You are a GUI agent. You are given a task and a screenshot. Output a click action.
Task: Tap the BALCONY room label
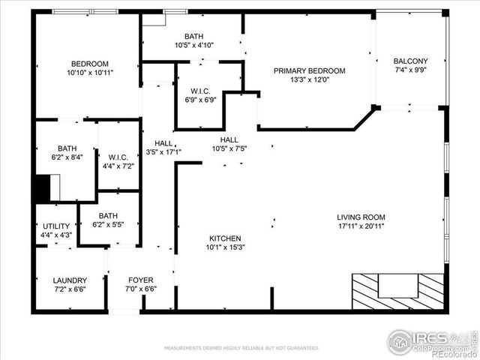click(412, 61)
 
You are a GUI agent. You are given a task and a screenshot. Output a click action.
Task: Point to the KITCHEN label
click(224, 238)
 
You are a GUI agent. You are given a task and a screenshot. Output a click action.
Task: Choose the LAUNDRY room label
click(69, 280)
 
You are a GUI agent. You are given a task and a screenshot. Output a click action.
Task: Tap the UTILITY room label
click(55, 226)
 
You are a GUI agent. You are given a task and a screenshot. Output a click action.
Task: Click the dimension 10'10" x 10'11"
click(90, 73)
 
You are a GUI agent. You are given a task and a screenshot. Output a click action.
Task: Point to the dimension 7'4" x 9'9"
click(412, 70)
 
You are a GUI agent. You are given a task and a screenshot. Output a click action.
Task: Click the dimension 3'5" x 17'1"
click(163, 152)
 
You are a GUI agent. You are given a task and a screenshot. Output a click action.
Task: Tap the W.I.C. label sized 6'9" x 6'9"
click(201, 90)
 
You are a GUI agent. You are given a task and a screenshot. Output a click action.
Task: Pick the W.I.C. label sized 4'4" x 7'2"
click(118, 157)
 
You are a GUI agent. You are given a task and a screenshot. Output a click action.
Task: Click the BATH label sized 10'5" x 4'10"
click(194, 36)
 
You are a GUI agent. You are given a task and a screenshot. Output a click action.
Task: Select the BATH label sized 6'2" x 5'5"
click(108, 215)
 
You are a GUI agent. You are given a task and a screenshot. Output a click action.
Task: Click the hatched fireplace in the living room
click(398, 290)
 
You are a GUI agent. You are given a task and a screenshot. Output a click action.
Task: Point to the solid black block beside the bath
click(40, 188)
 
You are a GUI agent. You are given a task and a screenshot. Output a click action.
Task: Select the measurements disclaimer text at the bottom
click(241, 348)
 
